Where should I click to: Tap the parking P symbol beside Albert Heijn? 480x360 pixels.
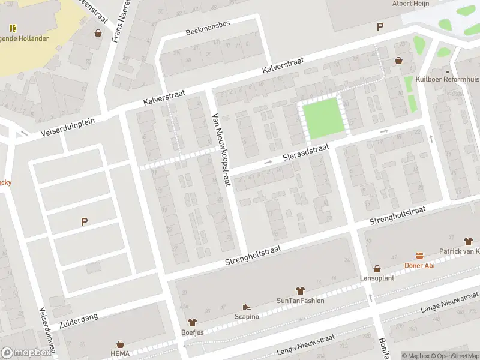379,26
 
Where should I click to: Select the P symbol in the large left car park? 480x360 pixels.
84,221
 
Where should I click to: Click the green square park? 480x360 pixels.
324,116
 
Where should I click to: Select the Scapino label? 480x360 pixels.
247,316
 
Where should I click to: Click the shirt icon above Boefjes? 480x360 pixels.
192,322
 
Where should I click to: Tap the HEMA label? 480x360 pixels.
120,354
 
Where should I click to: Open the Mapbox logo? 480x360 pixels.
26,352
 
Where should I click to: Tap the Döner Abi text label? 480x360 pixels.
420,266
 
